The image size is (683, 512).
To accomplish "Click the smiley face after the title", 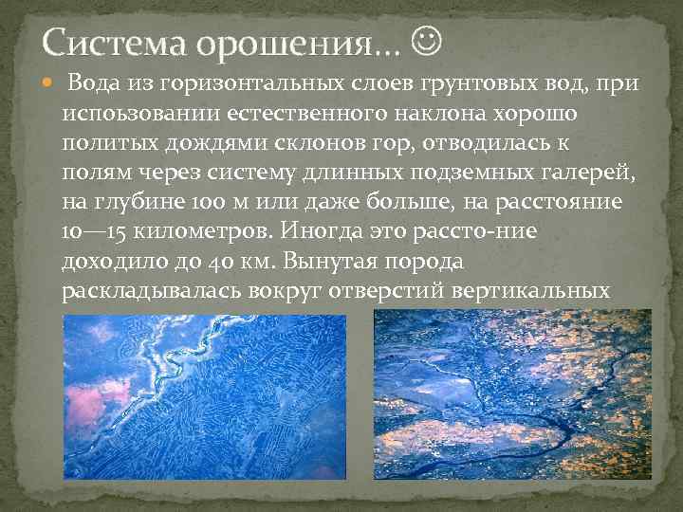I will pyautogui.click(x=428, y=41).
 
